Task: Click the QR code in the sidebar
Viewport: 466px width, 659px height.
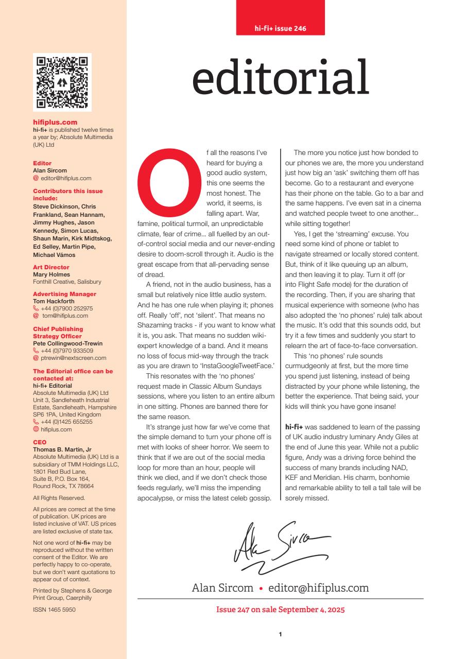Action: point(62,82)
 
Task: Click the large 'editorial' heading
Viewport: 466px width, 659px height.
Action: point(281,78)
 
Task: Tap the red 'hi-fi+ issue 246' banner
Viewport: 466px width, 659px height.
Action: point(281,28)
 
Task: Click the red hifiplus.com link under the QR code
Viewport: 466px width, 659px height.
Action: point(55,123)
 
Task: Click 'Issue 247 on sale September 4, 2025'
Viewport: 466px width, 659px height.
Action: point(280,610)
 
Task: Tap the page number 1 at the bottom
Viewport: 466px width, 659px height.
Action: point(280,634)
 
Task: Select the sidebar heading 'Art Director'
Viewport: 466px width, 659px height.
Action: point(51,267)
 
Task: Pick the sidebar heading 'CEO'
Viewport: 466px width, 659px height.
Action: point(40,441)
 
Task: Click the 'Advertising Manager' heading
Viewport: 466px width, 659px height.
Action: point(57,294)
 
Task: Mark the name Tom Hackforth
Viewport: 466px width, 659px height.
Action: point(54,301)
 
